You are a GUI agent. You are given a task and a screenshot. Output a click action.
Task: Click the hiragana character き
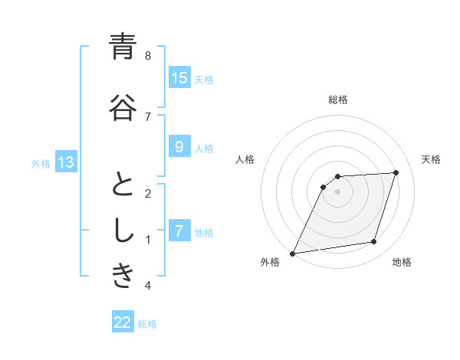[x=123, y=277]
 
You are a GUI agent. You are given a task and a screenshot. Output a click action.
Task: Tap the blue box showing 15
[x=179, y=78]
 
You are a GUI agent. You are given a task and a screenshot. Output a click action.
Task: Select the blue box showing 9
[x=179, y=147]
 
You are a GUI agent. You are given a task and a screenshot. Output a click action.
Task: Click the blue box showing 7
[x=179, y=231]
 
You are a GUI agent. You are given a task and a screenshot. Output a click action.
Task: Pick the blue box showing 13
[x=66, y=162]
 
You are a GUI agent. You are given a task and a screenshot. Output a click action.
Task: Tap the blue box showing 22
[x=123, y=322]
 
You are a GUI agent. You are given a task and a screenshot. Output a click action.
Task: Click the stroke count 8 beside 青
[x=147, y=56]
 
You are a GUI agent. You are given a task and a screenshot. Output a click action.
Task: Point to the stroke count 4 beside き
[x=147, y=286]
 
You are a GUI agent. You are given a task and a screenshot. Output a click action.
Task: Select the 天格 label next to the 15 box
[x=204, y=79]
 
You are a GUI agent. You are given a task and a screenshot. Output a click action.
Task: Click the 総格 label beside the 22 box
[x=148, y=323]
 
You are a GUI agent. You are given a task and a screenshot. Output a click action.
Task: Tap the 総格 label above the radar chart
[x=338, y=100]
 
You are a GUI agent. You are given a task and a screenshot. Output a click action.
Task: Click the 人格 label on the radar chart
[x=245, y=159]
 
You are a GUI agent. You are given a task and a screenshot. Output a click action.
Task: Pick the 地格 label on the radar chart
[x=402, y=263]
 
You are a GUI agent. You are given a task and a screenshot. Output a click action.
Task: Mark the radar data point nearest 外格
[x=292, y=254]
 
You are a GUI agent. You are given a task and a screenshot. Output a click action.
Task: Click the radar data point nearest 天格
[x=396, y=172]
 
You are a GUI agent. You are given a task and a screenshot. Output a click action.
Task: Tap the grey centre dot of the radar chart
[x=338, y=191]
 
